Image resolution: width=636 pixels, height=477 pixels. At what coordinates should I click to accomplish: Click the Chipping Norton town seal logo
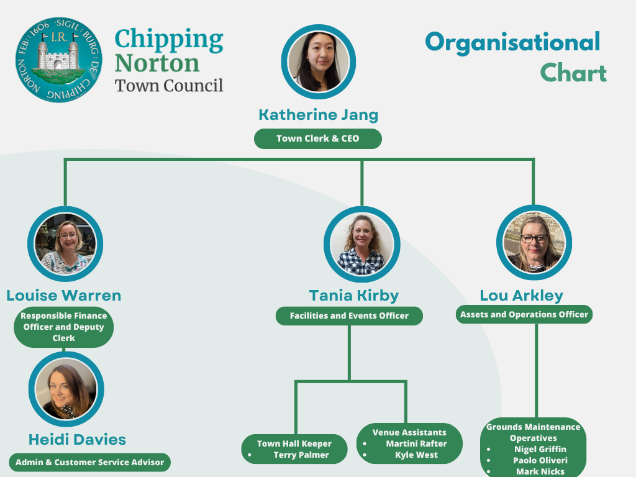point(57,60)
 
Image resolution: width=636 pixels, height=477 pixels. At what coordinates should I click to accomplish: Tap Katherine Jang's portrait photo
point(318,61)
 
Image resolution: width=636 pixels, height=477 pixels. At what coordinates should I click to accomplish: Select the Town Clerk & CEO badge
point(317,139)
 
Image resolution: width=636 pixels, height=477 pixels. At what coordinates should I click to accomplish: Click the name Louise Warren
point(64,295)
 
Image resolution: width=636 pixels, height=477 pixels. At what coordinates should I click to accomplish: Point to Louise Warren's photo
point(65,243)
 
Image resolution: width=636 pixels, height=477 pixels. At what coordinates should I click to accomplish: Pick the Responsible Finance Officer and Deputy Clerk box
point(63,327)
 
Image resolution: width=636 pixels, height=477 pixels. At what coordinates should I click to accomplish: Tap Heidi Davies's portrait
point(65,389)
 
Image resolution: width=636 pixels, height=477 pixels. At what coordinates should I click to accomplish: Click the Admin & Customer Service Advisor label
point(89,462)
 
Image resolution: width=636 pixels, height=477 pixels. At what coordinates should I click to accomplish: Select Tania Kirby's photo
point(361,244)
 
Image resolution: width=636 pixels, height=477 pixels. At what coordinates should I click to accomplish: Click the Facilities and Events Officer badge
point(349,316)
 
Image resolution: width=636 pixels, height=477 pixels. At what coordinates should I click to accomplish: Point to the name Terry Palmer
point(302,455)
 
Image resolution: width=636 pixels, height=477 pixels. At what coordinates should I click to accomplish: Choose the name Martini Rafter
point(416,443)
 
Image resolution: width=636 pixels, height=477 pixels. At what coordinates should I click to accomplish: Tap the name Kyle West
point(416,455)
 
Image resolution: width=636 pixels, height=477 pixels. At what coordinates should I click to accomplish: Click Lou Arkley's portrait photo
point(534,243)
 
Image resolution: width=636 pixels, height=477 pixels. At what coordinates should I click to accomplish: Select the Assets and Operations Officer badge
point(524,314)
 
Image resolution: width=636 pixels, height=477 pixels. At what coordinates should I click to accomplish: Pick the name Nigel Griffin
point(540,449)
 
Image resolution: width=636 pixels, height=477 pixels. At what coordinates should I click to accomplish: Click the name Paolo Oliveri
point(540,460)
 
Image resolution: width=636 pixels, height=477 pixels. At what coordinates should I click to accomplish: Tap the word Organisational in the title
point(512,42)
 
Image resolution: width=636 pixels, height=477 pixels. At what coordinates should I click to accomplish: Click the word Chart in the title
point(573,73)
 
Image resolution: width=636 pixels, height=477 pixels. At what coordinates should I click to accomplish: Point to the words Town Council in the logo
point(169,84)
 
